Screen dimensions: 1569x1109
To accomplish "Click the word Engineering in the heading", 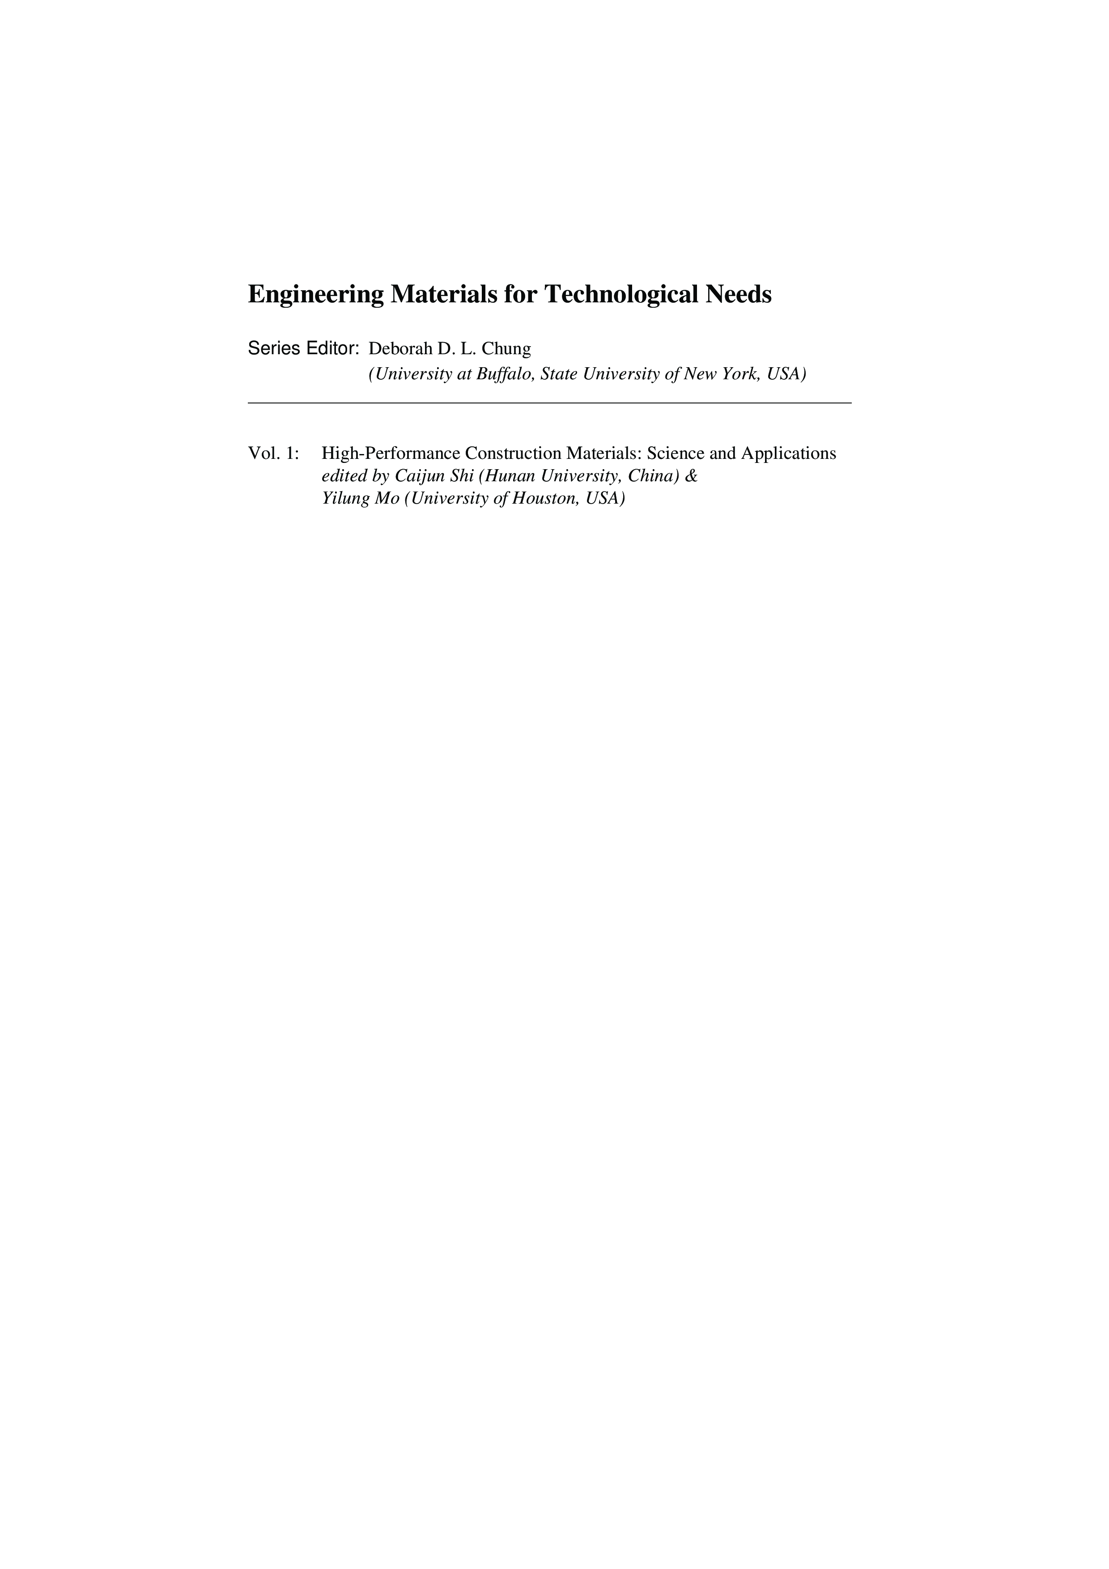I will (315, 295).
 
